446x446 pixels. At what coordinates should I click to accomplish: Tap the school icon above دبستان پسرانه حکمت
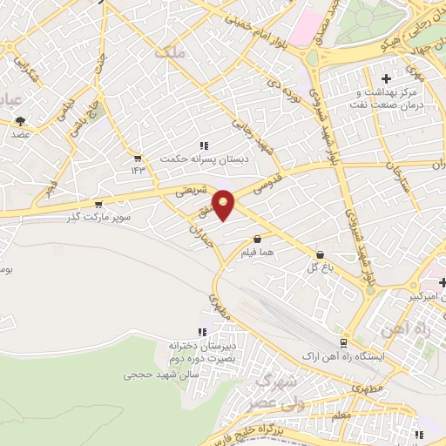click(x=203, y=145)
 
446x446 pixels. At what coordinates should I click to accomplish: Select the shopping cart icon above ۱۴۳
click(x=137, y=158)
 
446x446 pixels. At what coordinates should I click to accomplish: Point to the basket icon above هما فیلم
click(x=257, y=239)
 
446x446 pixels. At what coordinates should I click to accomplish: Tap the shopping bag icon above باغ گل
click(x=321, y=254)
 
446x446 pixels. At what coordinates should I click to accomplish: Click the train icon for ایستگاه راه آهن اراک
click(x=344, y=342)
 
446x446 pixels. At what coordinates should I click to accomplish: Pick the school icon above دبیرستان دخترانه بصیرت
click(x=203, y=331)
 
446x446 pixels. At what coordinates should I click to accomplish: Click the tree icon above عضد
click(x=20, y=122)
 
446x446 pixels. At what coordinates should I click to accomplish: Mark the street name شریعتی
click(x=192, y=189)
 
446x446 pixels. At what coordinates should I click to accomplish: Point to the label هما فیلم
click(x=258, y=253)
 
